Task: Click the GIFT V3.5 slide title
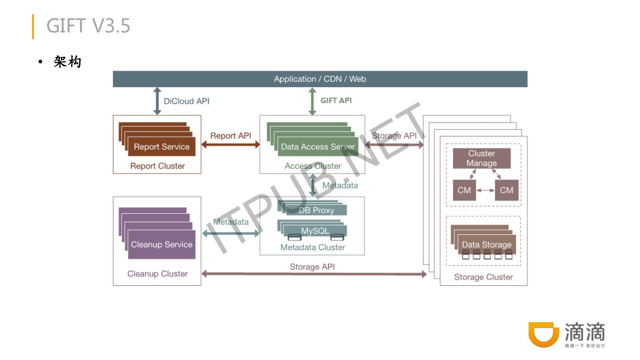point(88,26)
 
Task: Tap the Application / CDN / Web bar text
point(320,79)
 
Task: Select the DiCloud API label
point(186,101)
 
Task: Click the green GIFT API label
point(336,100)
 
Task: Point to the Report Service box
point(162,147)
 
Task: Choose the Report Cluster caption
point(157,166)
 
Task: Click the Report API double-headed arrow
point(230,144)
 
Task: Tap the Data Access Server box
point(318,147)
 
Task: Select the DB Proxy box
point(316,210)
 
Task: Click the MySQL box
point(315,231)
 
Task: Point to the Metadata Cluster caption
point(312,248)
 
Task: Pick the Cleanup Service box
point(162,244)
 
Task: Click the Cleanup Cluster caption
point(157,274)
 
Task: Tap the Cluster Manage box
point(482,158)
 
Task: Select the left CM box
point(464,190)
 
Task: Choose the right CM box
point(507,190)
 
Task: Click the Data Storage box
point(487,244)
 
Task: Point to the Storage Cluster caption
point(484,277)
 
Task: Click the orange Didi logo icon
point(543,334)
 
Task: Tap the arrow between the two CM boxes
point(485,190)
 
